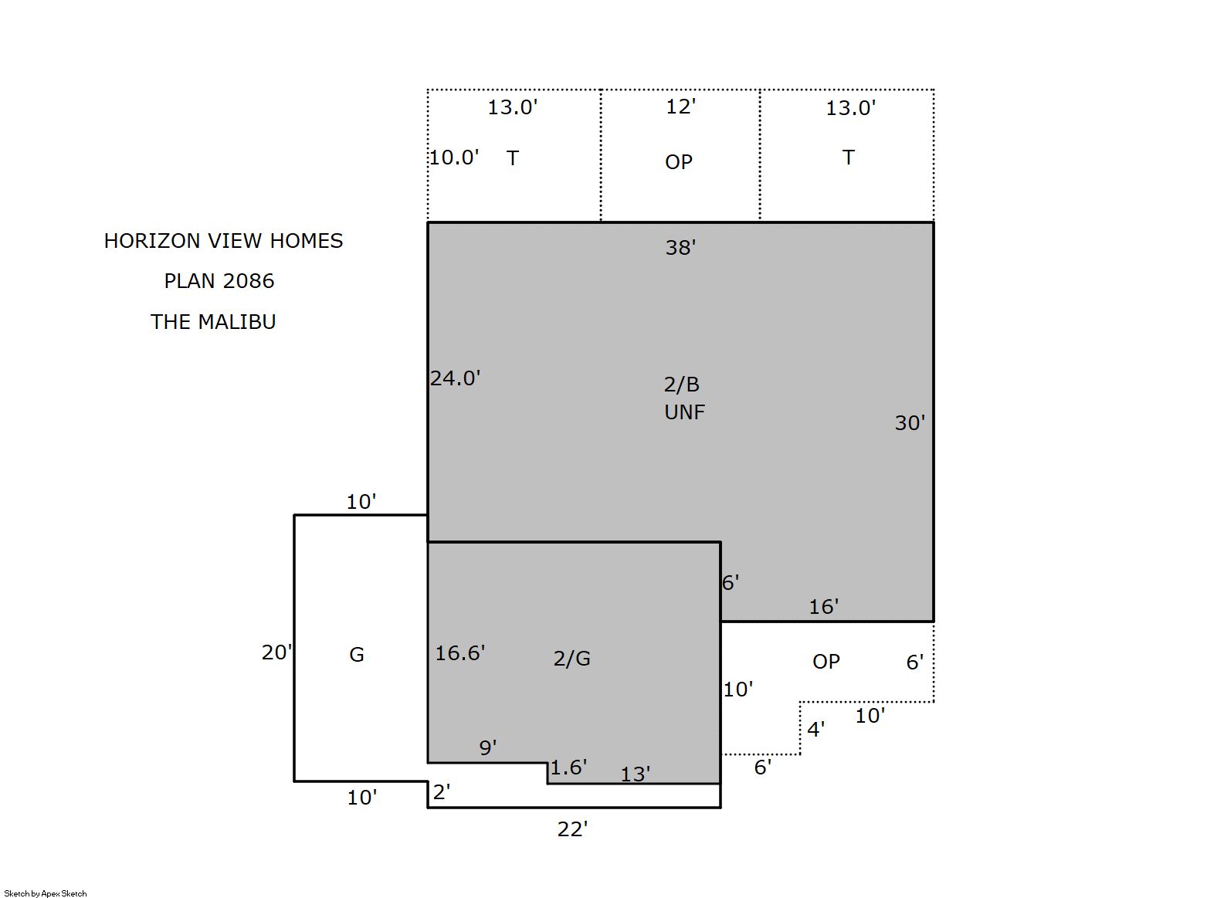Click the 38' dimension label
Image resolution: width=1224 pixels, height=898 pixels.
point(680,247)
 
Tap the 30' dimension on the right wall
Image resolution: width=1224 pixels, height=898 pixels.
point(910,423)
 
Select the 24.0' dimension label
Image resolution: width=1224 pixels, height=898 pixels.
point(455,378)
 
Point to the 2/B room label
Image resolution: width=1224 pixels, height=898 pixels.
point(681,385)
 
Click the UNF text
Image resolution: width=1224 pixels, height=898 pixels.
point(685,412)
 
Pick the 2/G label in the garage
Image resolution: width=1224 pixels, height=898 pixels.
point(571,658)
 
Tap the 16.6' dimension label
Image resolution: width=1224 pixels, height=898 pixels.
point(460,652)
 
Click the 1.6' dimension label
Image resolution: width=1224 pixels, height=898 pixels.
point(568,768)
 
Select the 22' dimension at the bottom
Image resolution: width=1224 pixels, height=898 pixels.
point(572,829)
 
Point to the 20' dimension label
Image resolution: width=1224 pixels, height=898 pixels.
point(276,652)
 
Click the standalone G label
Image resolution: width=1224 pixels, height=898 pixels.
point(356,654)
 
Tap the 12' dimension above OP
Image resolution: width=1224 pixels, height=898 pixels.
point(681,107)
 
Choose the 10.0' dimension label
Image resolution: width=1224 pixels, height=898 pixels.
point(454,158)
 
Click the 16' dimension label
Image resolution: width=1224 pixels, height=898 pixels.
point(823,606)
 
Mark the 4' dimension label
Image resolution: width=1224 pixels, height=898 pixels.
point(815,729)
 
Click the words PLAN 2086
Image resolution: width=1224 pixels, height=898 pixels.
point(219,281)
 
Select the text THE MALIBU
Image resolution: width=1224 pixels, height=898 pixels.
point(213,322)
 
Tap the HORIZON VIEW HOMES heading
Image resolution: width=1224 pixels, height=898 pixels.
point(223,240)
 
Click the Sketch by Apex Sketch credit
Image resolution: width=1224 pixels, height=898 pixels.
point(46,893)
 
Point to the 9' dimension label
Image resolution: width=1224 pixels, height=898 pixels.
point(488,747)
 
